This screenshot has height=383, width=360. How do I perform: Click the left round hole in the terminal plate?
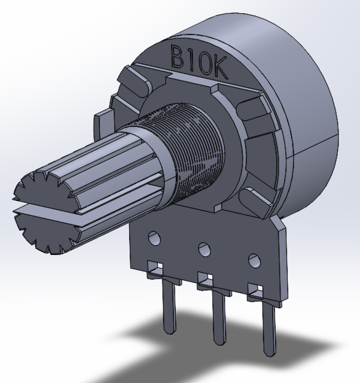pyautogui.click(x=155, y=238)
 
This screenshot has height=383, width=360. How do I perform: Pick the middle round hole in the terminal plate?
pyautogui.click(x=205, y=248)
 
